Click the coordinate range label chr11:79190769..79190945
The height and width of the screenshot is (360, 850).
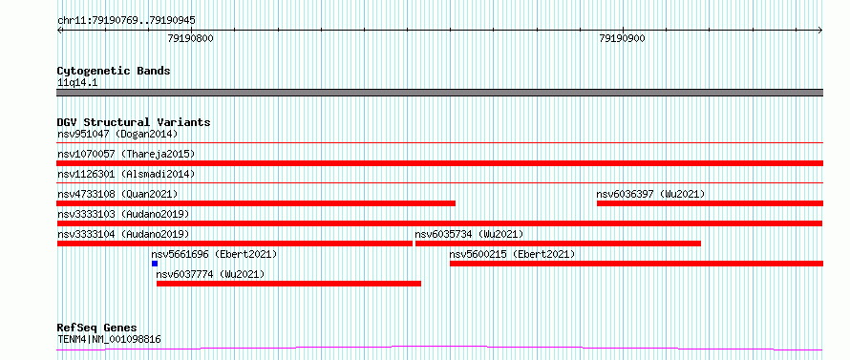(x=126, y=21)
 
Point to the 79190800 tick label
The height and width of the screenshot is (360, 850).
(x=190, y=38)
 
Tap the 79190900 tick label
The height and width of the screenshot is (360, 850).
(x=622, y=38)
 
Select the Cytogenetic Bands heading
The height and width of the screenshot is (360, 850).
(x=114, y=71)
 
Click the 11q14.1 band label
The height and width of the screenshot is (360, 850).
(x=77, y=83)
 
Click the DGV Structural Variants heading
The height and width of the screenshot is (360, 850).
(x=134, y=122)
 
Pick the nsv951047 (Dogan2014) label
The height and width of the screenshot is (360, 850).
(x=117, y=134)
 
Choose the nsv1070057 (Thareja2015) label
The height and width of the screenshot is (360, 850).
(x=126, y=154)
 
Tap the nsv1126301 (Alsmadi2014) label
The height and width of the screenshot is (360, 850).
(x=126, y=174)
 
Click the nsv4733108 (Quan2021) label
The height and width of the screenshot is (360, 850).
(x=117, y=194)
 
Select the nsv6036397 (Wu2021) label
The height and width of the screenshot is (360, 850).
(x=650, y=194)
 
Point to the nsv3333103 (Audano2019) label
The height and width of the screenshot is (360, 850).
(x=123, y=214)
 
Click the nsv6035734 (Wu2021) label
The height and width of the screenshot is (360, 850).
(x=469, y=234)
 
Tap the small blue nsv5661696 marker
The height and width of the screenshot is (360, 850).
(x=155, y=264)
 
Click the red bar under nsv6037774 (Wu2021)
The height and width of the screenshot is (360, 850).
(x=289, y=284)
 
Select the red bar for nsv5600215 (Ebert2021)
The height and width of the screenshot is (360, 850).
(x=636, y=264)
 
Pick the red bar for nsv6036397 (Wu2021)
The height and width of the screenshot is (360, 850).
(x=711, y=203)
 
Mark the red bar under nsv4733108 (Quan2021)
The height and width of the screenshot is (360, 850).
(x=256, y=203)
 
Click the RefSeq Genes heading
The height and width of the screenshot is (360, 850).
(x=97, y=328)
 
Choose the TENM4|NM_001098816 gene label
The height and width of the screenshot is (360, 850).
(x=109, y=340)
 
